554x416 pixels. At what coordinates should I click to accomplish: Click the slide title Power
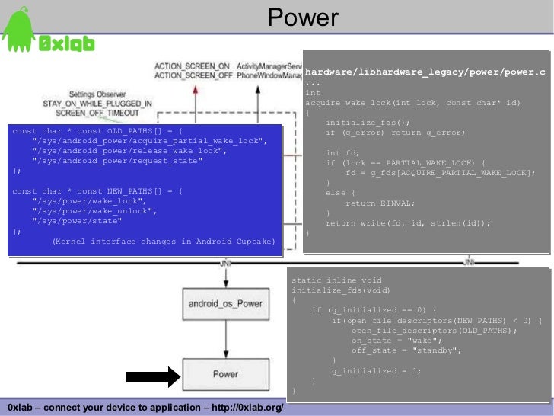[303, 18]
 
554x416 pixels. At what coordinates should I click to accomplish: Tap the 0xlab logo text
[66, 44]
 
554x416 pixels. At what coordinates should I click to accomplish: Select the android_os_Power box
[225, 304]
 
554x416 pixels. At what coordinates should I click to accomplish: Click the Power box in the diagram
[225, 374]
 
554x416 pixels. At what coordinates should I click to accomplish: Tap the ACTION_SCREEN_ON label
[193, 66]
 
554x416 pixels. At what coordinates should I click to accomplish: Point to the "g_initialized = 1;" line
[376, 370]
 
